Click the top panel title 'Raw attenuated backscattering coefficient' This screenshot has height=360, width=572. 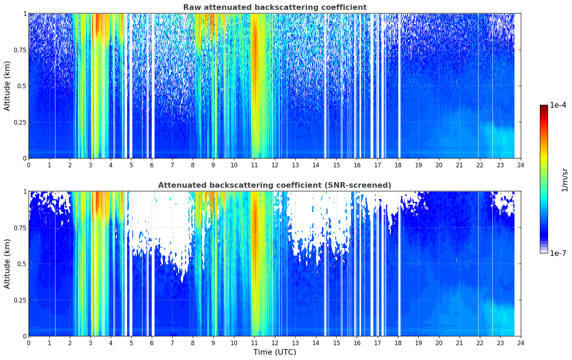(275, 7)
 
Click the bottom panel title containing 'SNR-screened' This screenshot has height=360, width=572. (275, 185)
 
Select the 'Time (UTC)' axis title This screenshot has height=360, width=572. (275, 352)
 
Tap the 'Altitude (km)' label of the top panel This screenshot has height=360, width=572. (7, 86)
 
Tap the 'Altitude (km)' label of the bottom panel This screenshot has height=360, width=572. (7, 264)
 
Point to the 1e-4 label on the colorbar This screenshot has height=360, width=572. (558, 105)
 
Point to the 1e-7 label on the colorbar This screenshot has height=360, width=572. (558, 253)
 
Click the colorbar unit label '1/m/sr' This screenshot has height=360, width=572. (565, 180)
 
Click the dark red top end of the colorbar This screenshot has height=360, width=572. (544, 106)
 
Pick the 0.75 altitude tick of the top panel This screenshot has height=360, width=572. (20, 50)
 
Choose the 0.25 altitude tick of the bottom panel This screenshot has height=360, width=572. (20, 300)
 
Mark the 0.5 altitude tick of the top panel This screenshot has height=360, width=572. (22, 86)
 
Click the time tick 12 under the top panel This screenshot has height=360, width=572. (275, 165)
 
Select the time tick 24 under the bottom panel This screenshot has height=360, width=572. (521, 343)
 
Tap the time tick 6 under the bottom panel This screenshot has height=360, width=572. (152, 343)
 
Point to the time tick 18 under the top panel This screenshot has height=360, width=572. (398, 165)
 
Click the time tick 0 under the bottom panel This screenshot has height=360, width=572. (29, 343)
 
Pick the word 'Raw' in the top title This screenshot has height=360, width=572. (192, 7)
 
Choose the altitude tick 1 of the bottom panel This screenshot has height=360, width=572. (25, 192)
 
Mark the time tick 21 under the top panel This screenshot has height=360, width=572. (459, 165)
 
